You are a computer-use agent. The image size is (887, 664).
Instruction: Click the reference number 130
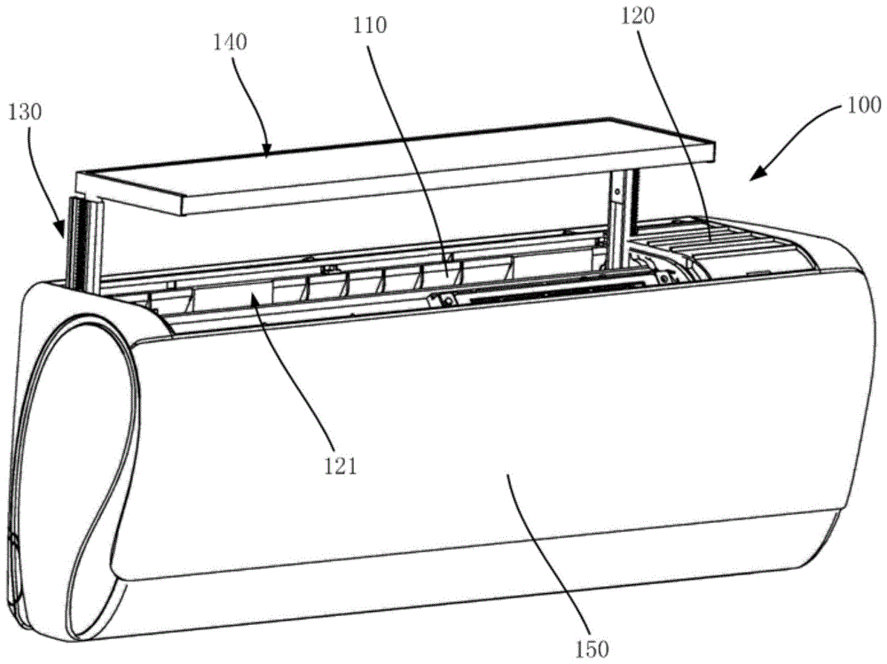[27, 113]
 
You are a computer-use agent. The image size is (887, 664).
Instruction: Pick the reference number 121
[340, 465]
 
